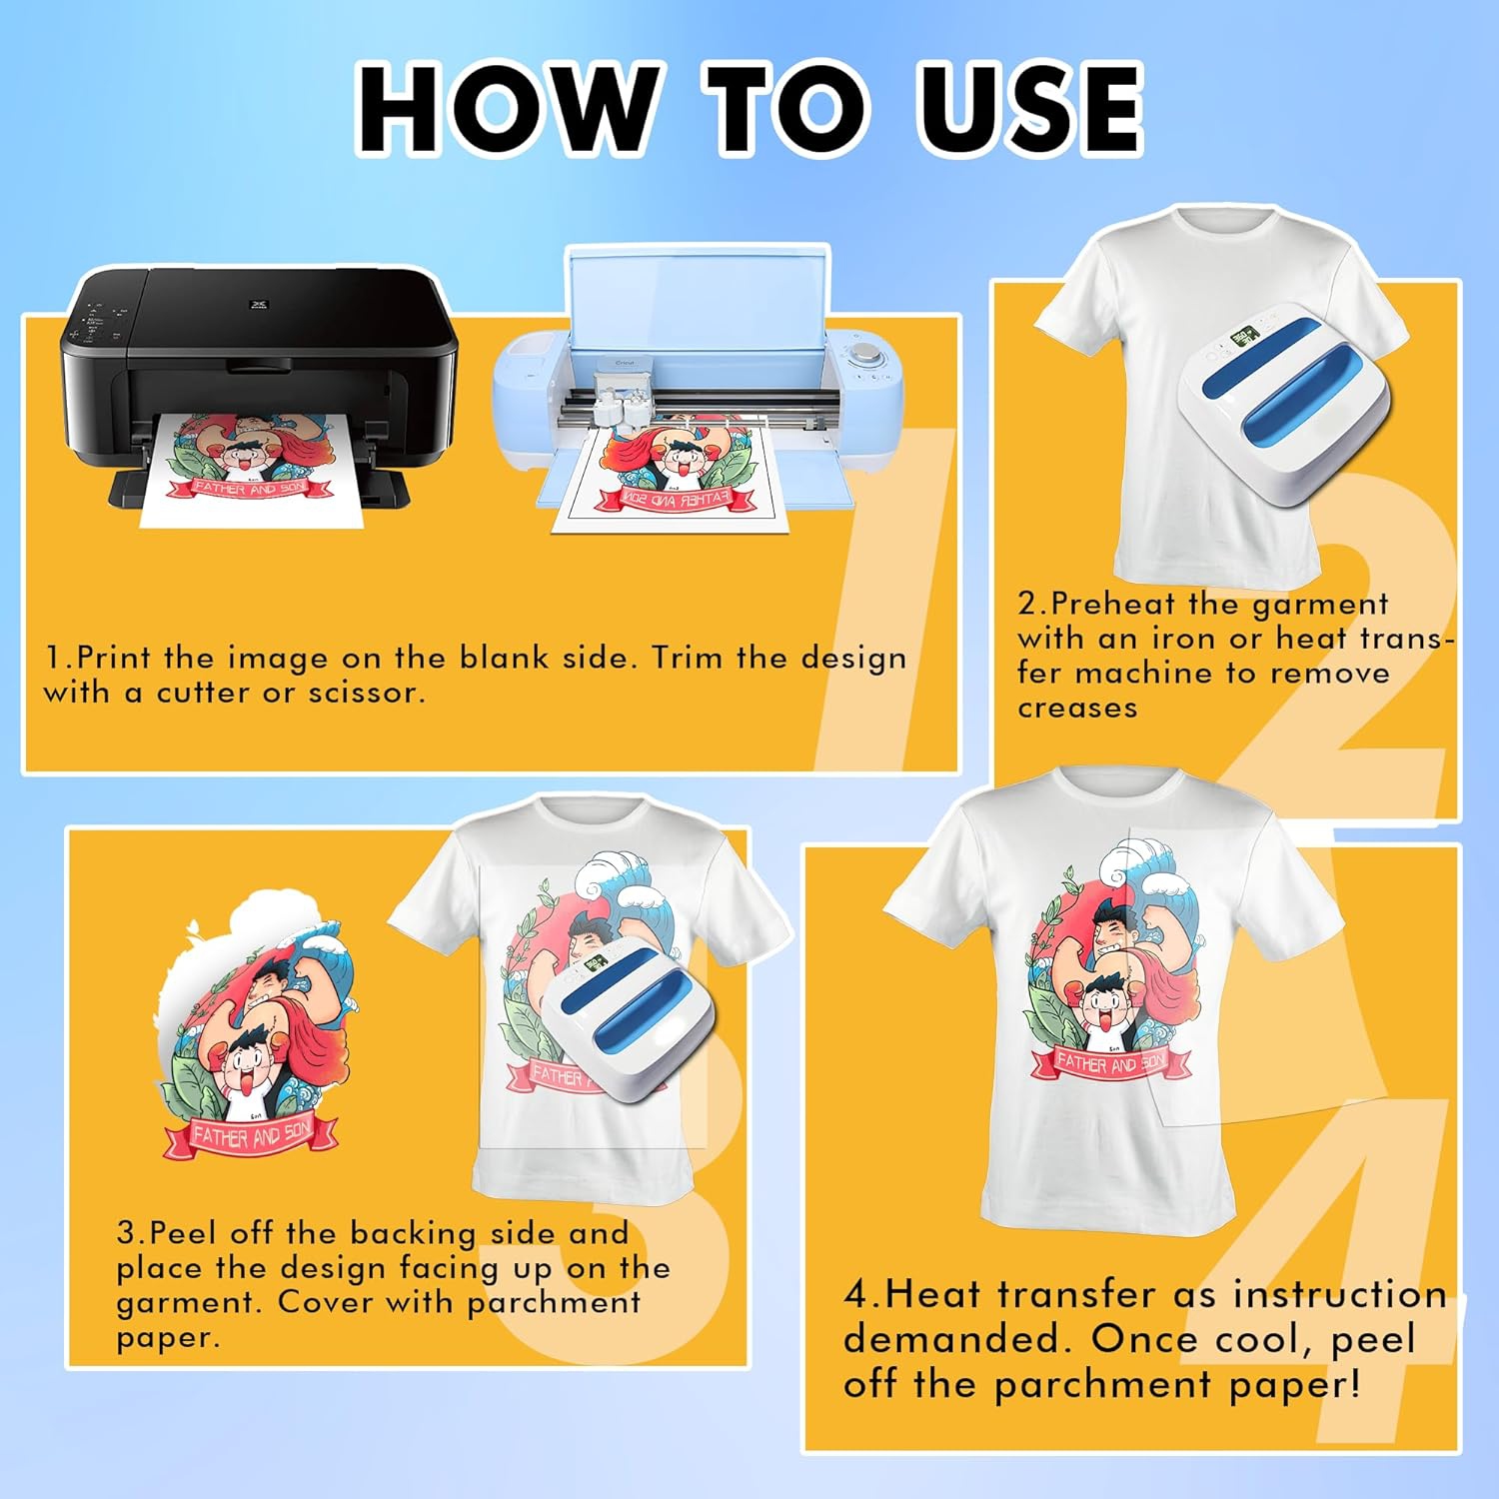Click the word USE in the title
tap(1029, 107)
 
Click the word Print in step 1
tap(116, 658)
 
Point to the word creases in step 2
tap(1077, 708)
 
